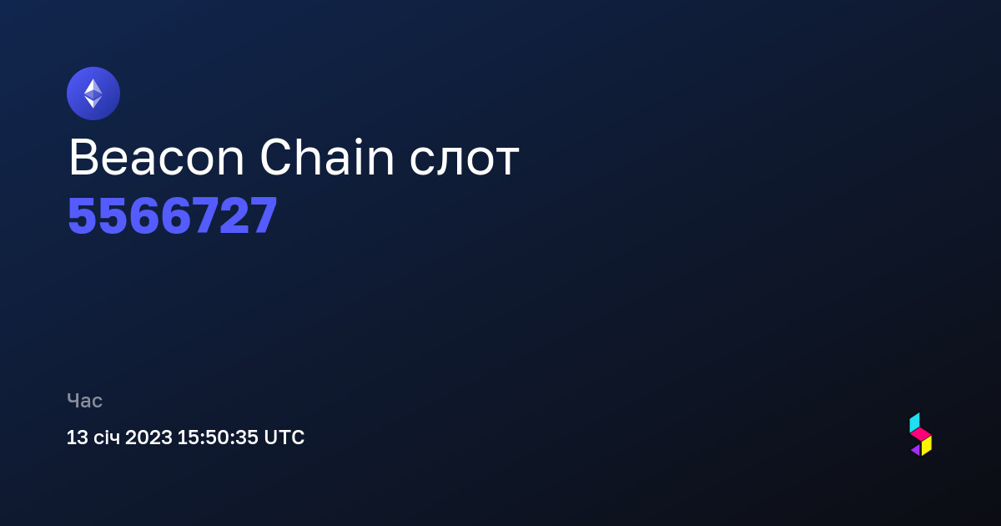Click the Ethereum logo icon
(93, 94)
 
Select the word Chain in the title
(327, 157)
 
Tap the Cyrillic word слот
(464, 161)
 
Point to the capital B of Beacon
(83, 158)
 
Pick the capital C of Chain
(277, 157)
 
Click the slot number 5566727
(173, 216)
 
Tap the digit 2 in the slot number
(234, 216)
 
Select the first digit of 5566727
(83, 216)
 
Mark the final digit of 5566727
(264, 216)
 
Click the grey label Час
(84, 401)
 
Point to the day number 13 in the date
(78, 437)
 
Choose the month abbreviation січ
(107, 437)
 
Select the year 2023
(148, 437)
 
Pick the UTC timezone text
(284, 437)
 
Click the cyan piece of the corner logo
(915, 422)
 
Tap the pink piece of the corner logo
(921, 435)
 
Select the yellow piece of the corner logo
(927, 446)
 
